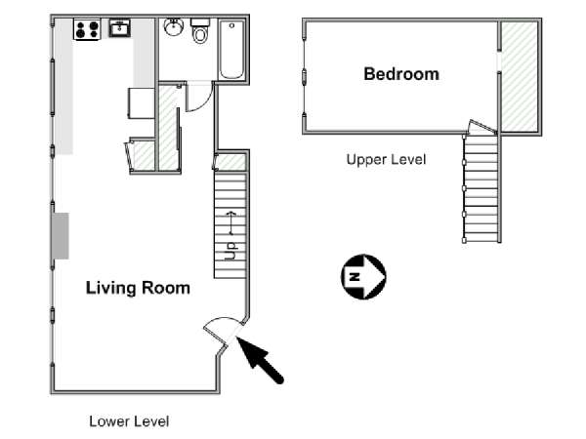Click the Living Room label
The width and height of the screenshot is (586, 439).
pos(138,288)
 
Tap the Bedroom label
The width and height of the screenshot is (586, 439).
pos(401,74)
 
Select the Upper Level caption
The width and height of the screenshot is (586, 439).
pos(386,160)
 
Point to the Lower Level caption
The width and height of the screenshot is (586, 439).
pos(129,421)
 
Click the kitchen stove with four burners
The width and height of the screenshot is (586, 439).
pos(87,29)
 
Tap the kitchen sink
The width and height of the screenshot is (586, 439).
pos(119,28)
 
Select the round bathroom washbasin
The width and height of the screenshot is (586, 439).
pos(174,27)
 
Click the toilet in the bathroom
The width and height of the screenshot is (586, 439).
pos(200,30)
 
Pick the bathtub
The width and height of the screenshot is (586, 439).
pos(232,50)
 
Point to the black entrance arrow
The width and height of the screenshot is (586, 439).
pos(260,359)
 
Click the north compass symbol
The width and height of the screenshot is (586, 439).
pos(363,277)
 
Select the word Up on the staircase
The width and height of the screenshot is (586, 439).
pos(230,251)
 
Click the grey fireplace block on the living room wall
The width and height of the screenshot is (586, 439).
pos(61,236)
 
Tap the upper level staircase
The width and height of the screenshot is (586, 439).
pos(481,188)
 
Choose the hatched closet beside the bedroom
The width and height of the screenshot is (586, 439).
pos(520,76)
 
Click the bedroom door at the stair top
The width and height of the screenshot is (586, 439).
pos(481,127)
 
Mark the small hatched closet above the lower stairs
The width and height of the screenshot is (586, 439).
pos(230,162)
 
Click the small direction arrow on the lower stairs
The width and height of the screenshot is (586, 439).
pos(231,222)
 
